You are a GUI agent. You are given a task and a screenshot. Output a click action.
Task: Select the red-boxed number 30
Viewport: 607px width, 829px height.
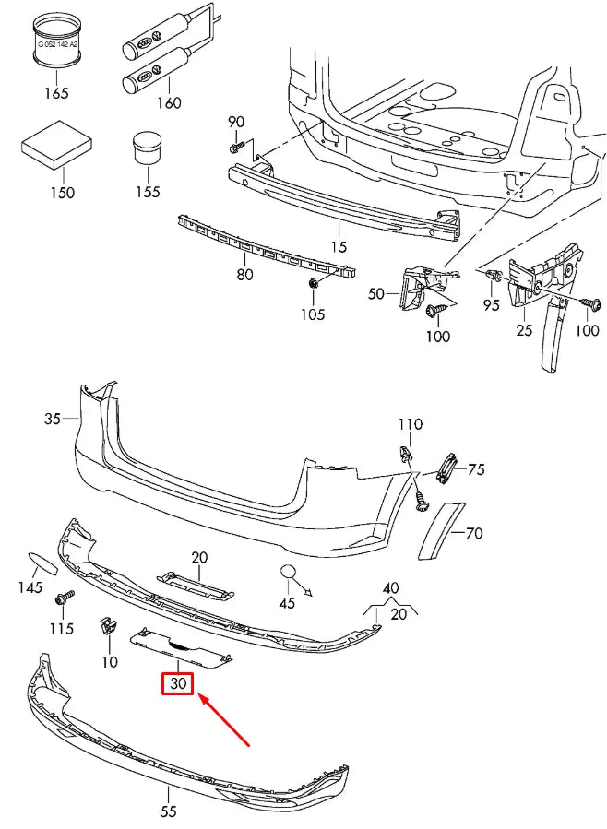click(x=177, y=684)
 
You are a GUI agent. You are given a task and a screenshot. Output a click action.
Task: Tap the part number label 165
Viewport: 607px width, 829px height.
click(x=56, y=92)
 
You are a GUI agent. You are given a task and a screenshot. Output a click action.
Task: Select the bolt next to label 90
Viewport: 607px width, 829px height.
click(x=237, y=146)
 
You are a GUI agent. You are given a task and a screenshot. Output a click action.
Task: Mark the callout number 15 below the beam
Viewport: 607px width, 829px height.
click(x=339, y=246)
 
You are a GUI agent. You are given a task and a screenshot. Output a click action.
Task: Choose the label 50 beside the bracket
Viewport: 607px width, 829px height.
click(x=375, y=294)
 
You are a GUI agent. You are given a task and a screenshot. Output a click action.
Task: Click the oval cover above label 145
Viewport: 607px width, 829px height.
click(x=42, y=562)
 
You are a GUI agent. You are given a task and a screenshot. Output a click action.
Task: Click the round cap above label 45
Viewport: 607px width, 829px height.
click(x=291, y=574)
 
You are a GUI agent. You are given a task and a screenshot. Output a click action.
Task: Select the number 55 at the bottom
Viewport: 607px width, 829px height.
click(x=168, y=811)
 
